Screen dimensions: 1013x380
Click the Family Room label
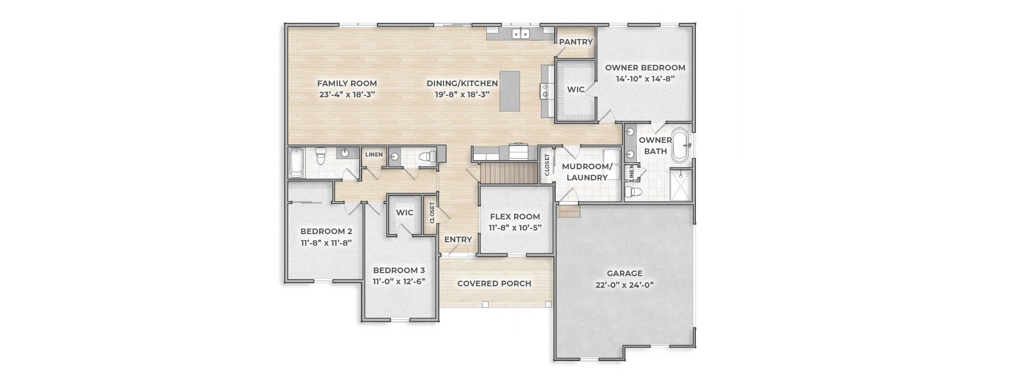pyautogui.click(x=347, y=84)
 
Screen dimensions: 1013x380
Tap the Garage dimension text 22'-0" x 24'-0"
pyautogui.click(x=625, y=285)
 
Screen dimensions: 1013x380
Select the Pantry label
pyautogui.click(x=576, y=42)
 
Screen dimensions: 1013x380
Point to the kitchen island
pyautogui.click(x=510, y=91)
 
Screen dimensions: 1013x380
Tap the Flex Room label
pyautogui.click(x=515, y=217)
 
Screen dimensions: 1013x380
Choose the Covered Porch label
pyautogui.click(x=494, y=284)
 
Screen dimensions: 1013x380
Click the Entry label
pyautogui.click(x=458, y=240)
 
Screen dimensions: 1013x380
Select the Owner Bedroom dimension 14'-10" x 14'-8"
pyautogui.click(x=645, y=79)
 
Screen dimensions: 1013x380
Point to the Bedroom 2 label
pyautogui.click(x=326, y=232)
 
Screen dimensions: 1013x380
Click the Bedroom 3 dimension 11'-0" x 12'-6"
pyautogui.click(x=399, y=281)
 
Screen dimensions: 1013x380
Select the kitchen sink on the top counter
pyautogui.click(x=521, y=34)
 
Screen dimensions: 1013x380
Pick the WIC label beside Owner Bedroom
pyautogui.click(x=576, y=90)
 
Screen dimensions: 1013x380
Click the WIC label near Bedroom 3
pyautogui.click(x=405, y=213)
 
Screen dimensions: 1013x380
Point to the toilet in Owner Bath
pyautogui.click(x=634, y=192)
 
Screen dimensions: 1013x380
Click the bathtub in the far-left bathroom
pyautogui.click(x=297, y=163)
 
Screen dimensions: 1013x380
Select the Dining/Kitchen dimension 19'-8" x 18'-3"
pyautogui.click(x=462, y=94)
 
